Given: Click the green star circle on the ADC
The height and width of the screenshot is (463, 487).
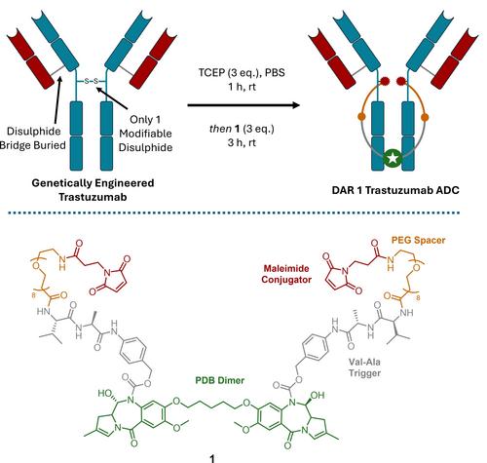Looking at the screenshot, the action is (x=393, y=158).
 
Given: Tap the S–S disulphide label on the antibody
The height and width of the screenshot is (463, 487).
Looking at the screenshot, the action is (x=92, y=81).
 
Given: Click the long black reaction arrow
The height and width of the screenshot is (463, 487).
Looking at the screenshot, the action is (x=243, y=105).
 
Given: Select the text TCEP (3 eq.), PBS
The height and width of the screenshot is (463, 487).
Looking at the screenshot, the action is (x=242, y=72).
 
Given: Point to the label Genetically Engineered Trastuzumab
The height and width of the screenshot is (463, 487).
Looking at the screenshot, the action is (x=93, y=190).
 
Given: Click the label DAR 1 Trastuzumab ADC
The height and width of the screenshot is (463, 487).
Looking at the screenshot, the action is (x=395, y=190).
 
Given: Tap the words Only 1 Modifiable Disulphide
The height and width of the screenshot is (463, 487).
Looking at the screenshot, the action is (x=145, y=134).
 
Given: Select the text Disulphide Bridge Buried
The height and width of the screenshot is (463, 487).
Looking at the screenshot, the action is (x=33, y=138).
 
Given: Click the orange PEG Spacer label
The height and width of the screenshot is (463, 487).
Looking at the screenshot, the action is (x=418, y=241).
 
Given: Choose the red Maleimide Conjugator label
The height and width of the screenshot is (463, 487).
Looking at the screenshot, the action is (x=286, y=274).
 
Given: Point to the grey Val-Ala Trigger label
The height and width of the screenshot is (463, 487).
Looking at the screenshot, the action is (x=364, y=367).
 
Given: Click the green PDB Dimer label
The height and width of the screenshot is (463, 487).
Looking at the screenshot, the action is (x=220, y=380).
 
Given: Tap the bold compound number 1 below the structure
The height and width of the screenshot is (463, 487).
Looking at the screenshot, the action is (x=212, y=458).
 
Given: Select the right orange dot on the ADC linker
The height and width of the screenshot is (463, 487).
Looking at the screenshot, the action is (x=425, y=117).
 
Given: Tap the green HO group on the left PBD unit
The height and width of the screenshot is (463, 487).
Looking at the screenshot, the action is (x=105, y=393).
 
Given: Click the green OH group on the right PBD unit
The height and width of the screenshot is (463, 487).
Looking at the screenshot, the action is (x=318, y=395).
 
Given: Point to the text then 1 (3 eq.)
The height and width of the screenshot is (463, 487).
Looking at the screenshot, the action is (x=242, y=129).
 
